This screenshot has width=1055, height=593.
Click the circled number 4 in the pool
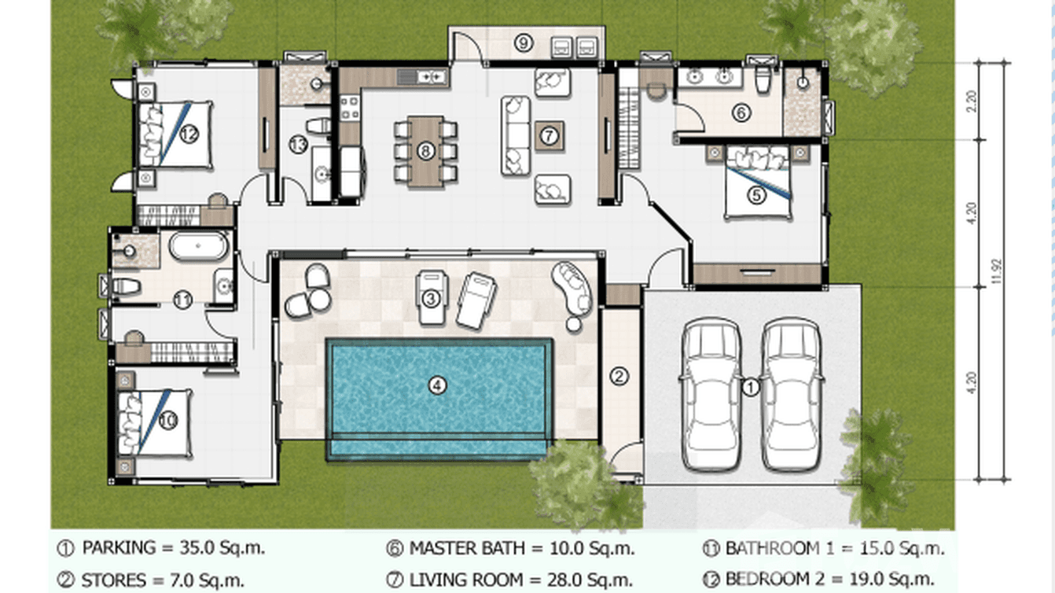click(437, 385)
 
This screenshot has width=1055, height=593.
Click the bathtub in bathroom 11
click(199, 247)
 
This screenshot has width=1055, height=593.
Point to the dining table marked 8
click(425, 150)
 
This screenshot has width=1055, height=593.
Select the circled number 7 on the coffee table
click(549, 136)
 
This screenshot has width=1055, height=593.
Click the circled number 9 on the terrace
click(524, 43)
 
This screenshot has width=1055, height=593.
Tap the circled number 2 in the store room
click(619, 377)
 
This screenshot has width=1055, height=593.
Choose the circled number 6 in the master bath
click(741, 113)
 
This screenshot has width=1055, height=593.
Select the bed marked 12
click(176, 134)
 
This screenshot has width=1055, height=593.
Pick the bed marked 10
click(156, 422)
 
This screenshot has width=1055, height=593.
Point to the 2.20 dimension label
click(972, 100)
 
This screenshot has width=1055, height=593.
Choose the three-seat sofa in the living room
click(515, 134)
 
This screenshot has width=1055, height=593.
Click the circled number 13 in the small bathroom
click(298, 145)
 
